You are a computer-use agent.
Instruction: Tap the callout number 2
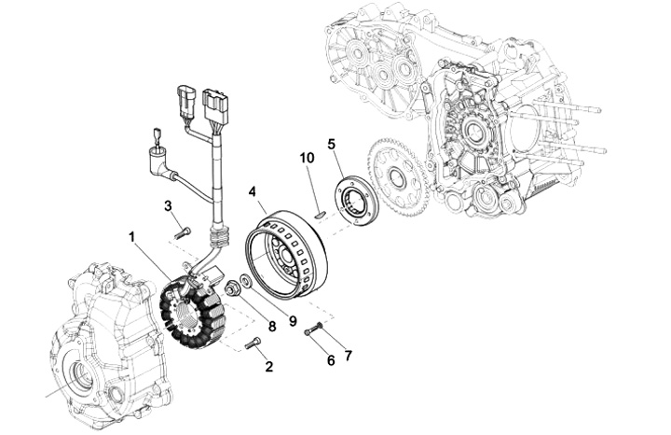pos(268,367)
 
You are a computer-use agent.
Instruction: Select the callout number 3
pos(168,205)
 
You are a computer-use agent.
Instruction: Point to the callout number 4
pos(253,191)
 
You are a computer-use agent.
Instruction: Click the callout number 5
pos(332,144)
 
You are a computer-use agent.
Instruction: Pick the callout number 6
pos(331,361)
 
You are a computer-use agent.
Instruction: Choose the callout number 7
pos(348,356)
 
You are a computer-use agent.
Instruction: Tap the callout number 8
pos(272,327)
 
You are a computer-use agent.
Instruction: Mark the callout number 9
pos(293,321)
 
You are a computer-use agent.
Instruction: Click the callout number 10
pos(307,158)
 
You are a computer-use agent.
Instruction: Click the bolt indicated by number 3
pos(183,232)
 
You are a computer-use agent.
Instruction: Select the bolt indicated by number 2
pos(253,343)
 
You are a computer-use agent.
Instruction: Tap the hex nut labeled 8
pos(232,288)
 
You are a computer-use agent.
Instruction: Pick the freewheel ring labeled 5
pos(356,199)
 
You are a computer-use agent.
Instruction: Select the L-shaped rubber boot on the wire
pos(161,165)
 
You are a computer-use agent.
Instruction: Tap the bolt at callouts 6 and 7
pos(314,330)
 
